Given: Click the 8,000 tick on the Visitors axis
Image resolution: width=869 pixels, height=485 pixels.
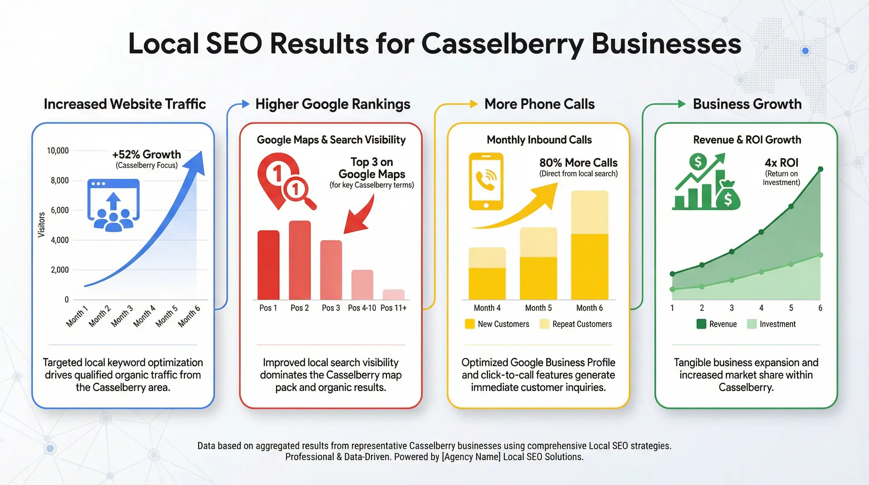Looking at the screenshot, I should point(59,181).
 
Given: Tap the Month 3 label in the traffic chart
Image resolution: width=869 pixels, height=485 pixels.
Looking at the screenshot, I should point(122,316).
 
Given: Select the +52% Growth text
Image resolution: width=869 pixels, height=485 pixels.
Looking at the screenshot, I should point(146,154).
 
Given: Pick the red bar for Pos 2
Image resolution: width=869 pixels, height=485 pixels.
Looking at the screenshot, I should point(300,260).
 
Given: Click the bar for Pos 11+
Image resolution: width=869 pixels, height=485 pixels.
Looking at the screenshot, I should point(393,295).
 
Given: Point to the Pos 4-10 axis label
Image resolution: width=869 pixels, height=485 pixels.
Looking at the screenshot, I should point(362,308).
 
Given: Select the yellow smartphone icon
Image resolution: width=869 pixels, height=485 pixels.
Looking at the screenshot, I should point(486,181).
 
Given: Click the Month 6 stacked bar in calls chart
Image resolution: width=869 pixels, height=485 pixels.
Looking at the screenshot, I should point(589,245).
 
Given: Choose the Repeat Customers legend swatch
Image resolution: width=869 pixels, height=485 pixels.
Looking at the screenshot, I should point(544,324).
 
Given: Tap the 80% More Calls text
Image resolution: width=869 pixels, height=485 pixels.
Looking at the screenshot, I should point(578,163).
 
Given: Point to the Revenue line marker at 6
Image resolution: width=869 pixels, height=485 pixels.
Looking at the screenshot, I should point(821,169).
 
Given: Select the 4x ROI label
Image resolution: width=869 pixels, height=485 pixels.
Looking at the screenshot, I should point(781,163).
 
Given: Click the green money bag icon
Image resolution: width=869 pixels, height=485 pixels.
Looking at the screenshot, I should point(727,196).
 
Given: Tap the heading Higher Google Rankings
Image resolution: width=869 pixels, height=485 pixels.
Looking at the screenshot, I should point(333,104).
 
